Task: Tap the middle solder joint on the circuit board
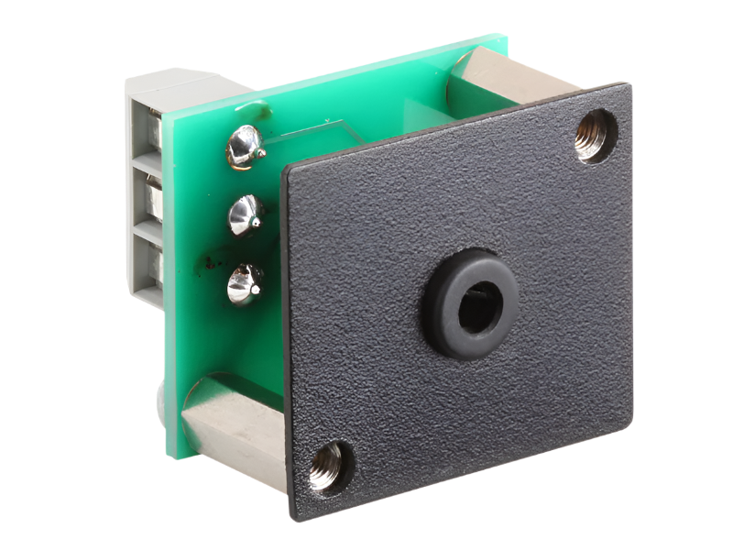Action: point(244,214)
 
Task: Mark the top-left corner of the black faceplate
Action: point(286,169)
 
